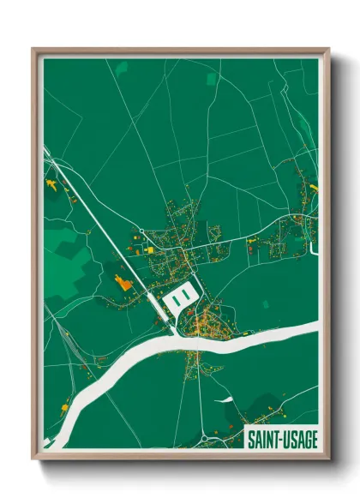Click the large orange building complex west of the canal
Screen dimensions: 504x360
pos(121,282)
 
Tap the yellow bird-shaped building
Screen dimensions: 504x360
pos(51,183)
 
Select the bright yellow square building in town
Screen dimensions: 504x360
pos(151,249)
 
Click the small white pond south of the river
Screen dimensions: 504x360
pos(225,399)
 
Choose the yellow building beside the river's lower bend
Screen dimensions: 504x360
pos(66,410)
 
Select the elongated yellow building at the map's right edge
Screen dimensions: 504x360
pos(313,187)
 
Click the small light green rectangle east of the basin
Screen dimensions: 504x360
pos(265,303)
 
